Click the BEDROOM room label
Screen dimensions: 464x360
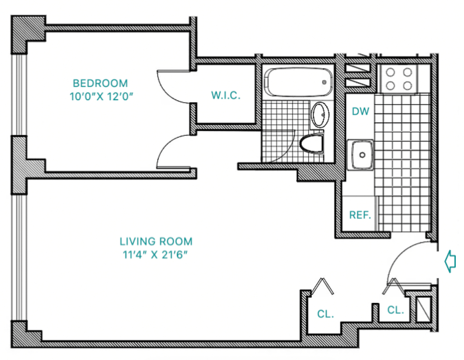pyautogui.click(x=100, y=83)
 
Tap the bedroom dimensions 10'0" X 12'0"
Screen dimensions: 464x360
pyautogui.click(x=101, y=97)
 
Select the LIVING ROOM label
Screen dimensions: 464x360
pyautogui.click(x=156, y=242)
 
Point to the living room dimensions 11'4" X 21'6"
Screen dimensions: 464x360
pyautogui.click(x=155, y=255)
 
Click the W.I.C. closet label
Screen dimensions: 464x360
pyautogui.click(x=226, y=95)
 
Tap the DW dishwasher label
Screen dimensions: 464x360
pyautogui.click(x=360, y=112)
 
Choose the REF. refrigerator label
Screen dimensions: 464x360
pyautogui.click(x=360, y=215)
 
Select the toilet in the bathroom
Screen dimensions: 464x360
pyautogui.click(x=311, y=144)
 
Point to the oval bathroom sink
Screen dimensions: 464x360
pyautogui.click(x=321, y=115)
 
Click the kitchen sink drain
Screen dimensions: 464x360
pyautogui.click(x=362, y=155)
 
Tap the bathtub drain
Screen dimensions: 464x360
pyautogui.click(x=324, y=83)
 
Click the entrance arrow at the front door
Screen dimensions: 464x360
pyautogui.click(x=450, y=261)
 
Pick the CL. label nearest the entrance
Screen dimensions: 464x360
pyautogui.click(x=396, y=310)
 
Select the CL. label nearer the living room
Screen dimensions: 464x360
pyautogui.click(x=325, y=314)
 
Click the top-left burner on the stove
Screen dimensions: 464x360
pyautogui.click(x=390, y=72)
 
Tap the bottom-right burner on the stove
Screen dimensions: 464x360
pyautogui.click(x=407, y=86)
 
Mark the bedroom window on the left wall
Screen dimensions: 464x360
pyautogui.click(x=19, y=95)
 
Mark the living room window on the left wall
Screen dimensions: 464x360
pyautogui.click(x=19, y=257)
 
